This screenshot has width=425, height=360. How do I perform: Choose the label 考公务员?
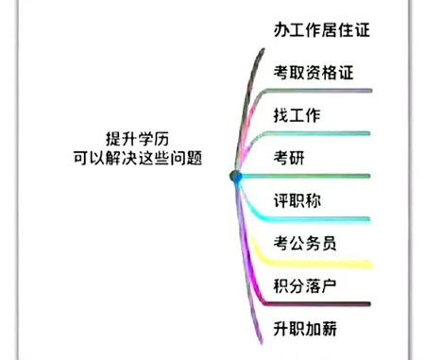tap(305, 243)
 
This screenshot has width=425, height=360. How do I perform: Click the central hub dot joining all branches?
tap(236, 177)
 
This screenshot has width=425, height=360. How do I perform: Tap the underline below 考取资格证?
tap(321, 91)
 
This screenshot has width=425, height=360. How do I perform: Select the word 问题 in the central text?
tap(198, 157)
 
